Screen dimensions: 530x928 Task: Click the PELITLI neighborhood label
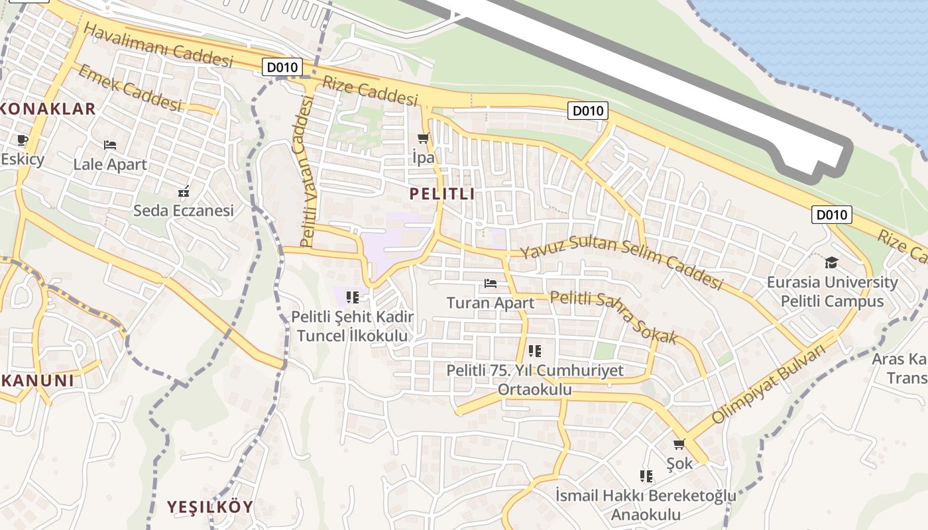442,194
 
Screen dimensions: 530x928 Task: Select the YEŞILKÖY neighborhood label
209,507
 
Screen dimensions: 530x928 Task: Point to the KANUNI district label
37,381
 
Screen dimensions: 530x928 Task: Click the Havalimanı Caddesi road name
158,45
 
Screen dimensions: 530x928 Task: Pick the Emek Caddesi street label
129,88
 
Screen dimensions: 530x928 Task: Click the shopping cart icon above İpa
423,138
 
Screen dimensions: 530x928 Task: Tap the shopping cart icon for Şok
679,445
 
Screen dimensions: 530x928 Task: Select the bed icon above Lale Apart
110,144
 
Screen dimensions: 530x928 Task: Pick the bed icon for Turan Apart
491,284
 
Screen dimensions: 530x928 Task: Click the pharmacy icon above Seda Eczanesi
184,192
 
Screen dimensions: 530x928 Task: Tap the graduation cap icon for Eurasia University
832,262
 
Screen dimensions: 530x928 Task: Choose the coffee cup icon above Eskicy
22,139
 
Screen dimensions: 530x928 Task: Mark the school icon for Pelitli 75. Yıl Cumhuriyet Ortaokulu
535,351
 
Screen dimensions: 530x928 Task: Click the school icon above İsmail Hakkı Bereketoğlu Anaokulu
646,476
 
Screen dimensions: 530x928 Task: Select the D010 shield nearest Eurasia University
831,215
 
